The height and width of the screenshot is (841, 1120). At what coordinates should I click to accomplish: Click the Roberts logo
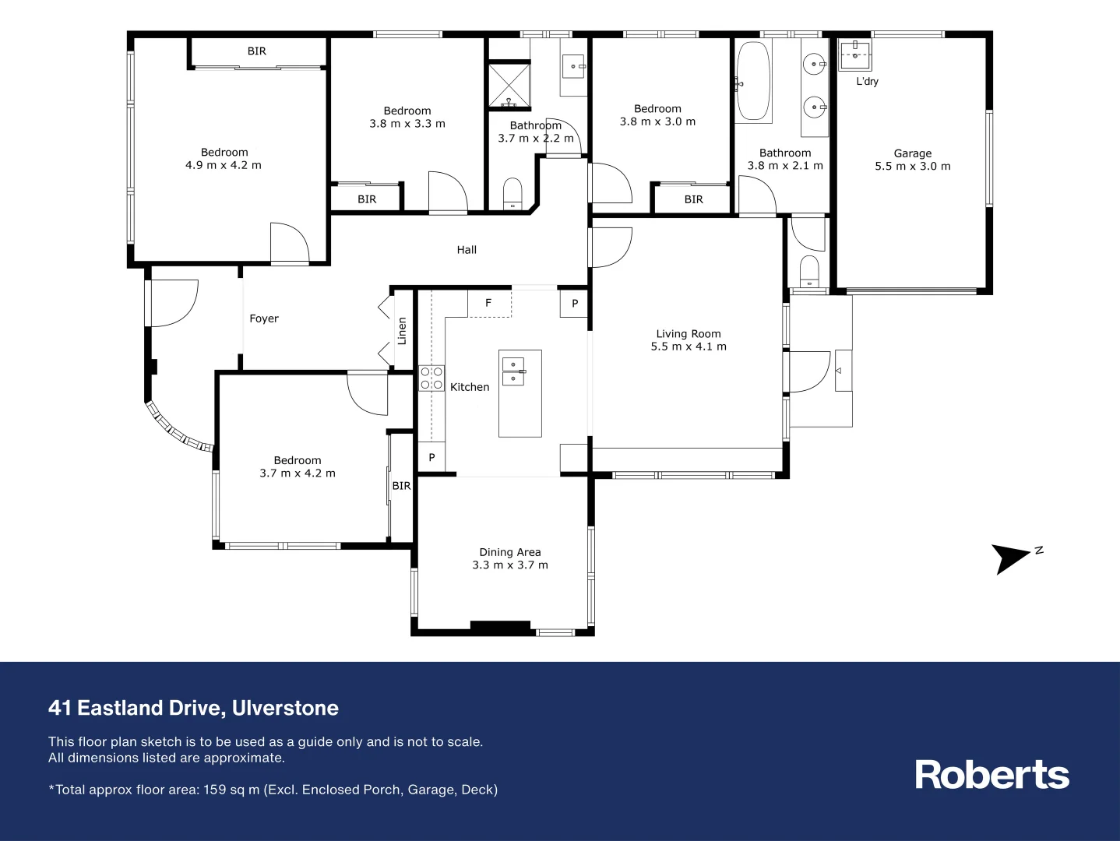pyautogui.click(x=991, y=775)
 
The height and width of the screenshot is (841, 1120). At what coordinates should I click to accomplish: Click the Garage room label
pyautogui.click(x=912, y=153)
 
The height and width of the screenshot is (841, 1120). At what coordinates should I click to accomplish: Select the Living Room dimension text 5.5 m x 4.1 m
pyautogui.click(x=689, y=347)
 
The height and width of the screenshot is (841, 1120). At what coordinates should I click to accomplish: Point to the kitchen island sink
pyautogui.click(x=513, y=371)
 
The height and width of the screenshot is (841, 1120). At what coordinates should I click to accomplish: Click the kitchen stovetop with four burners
pyautogui.click(x=431, y=378)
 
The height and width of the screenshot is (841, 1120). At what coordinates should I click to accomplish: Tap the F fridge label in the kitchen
pyautogui.click(x=488, y=303)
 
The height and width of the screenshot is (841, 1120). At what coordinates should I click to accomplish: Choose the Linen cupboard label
pyautogui.click(x=402, y=331)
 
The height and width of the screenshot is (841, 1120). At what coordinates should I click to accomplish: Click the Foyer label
pyautogui.click(x=264, y=318)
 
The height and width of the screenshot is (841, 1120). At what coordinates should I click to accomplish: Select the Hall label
pyautogui.click(x=467, y=250)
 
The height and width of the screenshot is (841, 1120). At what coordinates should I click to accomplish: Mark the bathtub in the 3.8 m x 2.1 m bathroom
pyautogui.click(x=753, y=82)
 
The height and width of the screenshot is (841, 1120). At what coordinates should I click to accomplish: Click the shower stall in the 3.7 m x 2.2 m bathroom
pyautogui.click(x=509, y=86)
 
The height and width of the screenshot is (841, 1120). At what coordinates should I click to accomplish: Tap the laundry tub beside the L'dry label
pyautogui.click(x=854, y=55)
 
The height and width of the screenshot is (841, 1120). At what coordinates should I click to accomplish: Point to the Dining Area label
pyautogui.click(x=510, y=552)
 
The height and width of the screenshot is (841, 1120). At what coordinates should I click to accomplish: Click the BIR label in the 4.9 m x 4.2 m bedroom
pyautogui.click(x=257, y=51)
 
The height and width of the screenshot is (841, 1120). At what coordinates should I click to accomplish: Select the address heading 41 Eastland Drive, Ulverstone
pyautogui.click(x=193, y=708)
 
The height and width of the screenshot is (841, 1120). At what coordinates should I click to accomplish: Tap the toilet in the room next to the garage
pyautogui.click(x=810, y=271)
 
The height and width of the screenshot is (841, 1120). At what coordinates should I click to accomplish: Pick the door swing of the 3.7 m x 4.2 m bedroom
pyautogui.click(x=368, y=394)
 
